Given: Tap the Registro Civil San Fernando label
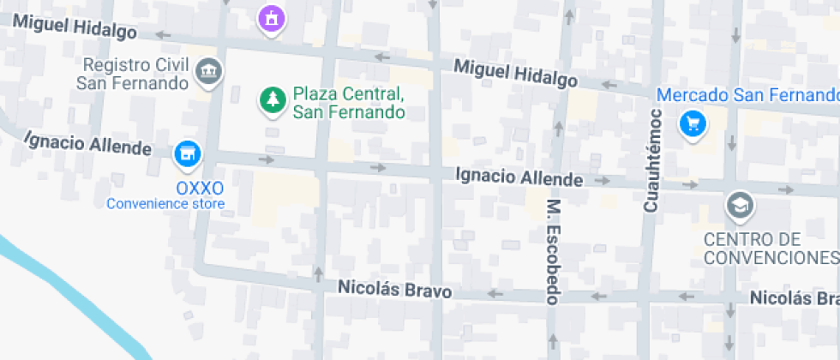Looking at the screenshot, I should [x=131, y=75].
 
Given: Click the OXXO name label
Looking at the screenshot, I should [x=200, y=188].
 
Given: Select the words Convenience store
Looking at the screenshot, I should [x=165, y=204].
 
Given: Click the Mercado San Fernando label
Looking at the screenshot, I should [x=747, y=94].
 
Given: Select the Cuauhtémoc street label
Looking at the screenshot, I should [x=652, y=160].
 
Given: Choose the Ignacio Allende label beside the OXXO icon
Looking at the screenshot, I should [x=87, y=143].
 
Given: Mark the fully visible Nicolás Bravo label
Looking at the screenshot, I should [x=394, y=290].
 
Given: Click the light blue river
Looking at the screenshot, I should [x=60, y=291].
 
